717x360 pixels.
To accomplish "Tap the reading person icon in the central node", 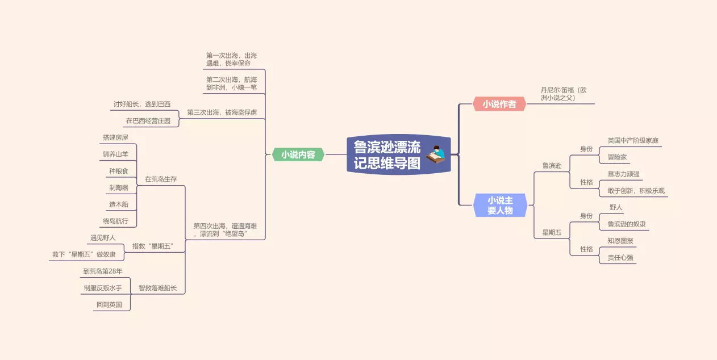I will point(436,154).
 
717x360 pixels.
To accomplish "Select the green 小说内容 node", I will point(298,154).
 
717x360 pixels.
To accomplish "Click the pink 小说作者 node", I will point(499,104).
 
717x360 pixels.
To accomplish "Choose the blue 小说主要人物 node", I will point(500,205).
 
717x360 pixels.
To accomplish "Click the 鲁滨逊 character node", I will point(552,166).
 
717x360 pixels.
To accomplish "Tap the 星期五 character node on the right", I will point(552,232).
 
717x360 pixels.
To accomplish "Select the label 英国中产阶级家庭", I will point(633,140).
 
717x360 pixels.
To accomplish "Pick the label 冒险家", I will point(617,157).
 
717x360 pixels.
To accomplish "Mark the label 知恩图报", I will point(620,241).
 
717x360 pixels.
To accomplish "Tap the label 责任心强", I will point(620,257).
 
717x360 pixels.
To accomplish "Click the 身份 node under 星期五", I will point(586,216).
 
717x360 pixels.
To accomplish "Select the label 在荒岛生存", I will point(161,179).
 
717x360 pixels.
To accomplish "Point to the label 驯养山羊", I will point(116,154).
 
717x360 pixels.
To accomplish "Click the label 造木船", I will point(119,204).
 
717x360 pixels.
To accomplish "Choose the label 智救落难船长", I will point(157,288).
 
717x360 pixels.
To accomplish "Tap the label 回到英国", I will point(109,304).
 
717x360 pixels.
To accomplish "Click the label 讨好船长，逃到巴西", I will point(141,104).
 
